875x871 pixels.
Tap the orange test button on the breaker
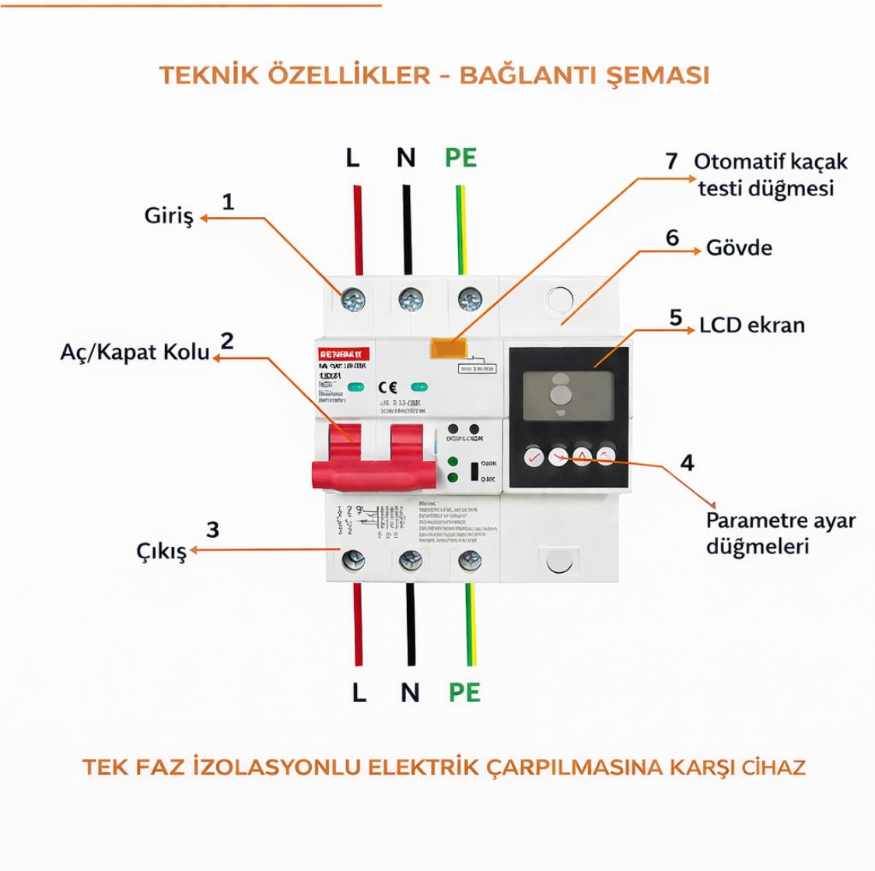pyautogui.click(x=443, y=349)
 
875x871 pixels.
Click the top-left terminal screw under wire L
pyautogui.click(x=355, y=298)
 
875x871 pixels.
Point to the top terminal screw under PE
pyautogui.click(x=468, y=298)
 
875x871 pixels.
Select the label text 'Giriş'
pyautogui.click(x=168, y=216)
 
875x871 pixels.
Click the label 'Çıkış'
pyautogui.click(x=161, y=553)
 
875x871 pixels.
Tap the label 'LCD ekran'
pyautogui.click(x=751, y=325)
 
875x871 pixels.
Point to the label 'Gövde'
pyautogui.click(x=739, y=248)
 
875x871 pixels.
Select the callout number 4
pyautogui.click(x=687, y=462)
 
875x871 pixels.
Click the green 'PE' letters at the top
pyautogui.click(x=460, y=158)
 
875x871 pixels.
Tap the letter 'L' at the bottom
pyautogui.click(x=359, y=692)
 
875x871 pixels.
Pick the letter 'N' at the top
pyautogui.click(x=405, y=158)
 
